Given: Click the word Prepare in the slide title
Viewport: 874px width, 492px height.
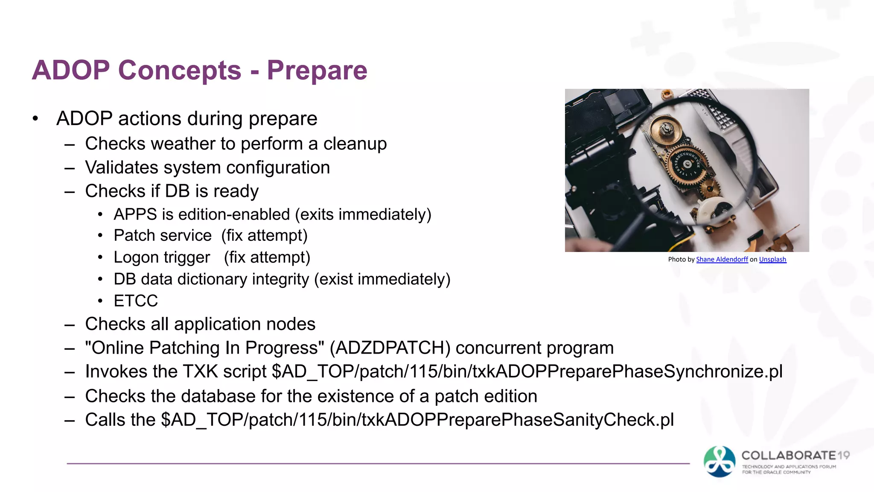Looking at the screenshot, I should pos(317,70).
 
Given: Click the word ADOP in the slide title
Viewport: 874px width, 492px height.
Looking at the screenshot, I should pos(71,70).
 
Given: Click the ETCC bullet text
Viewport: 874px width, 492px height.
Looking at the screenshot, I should pos(136,301).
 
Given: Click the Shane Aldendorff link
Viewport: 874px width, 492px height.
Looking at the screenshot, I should pos(722,259).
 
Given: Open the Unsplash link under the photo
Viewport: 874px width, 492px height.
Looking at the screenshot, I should pos(772,259).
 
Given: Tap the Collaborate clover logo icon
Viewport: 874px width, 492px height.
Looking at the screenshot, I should pos(720,461).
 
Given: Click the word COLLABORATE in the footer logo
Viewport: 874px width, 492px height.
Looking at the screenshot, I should pos(789,455).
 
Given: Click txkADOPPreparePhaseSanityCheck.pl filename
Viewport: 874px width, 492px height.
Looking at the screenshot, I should pos(518,420).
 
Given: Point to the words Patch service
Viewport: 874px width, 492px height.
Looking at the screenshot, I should pos(163,236).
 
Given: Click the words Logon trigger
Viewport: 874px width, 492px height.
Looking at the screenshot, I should pos(162,258).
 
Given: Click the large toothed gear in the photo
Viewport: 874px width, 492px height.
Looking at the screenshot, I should pos(687,165).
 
